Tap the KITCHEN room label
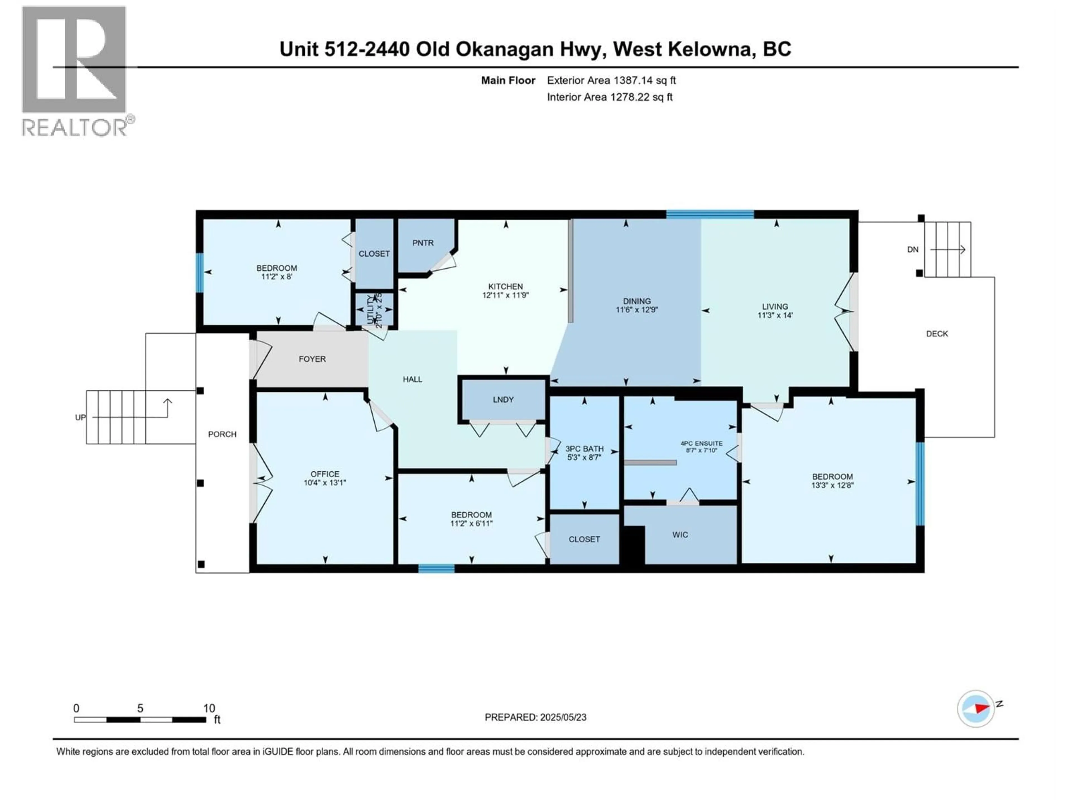[x=506, y=286]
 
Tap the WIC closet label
[x=680, y=535]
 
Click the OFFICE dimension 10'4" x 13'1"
[x=325, y=483]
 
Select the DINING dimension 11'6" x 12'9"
[x=637, y=310]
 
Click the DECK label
[x=936, y=333]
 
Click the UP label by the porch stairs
[x=80, y=417]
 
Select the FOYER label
[x=312, y=359]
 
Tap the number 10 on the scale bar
[x=209, y=708]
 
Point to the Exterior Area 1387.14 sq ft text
[x=611, y=80]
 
